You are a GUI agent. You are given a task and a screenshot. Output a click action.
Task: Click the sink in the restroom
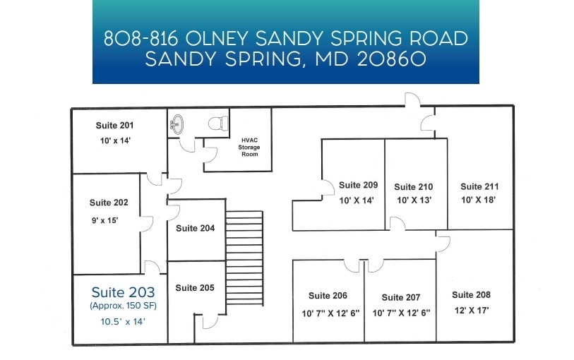click(x=177, y=125)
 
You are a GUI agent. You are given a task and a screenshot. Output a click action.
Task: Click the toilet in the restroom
click(x=217, y=123)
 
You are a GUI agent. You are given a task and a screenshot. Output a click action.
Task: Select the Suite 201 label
click(x=115, y=126)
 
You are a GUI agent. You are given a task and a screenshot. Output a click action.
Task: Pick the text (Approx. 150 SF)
click(x=123, y=306)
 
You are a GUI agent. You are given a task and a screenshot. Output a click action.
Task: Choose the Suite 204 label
click(x=195, y=228)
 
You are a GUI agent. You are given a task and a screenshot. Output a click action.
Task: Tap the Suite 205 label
click(x=195, y=288)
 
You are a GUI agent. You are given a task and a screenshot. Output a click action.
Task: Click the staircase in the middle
click(x=244, y=258)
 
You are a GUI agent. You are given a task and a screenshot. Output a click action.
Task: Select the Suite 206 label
click(x=328, y=296)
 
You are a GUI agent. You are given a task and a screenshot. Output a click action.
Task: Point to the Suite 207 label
click(x=401, y=297)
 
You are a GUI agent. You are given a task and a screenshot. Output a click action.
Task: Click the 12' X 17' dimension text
click(x=471, y=310)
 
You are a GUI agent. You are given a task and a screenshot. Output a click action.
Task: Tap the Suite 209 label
click(x=358, y=185)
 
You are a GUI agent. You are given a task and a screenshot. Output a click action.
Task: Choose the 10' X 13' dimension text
click(x=414, y=200)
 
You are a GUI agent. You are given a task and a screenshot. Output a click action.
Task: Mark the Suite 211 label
click(x=479, y=186)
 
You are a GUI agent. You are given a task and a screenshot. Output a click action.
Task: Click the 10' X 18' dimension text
click(x=479, y=200)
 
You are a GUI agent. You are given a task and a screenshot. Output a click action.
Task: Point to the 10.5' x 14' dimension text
click(x=122, y=321)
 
